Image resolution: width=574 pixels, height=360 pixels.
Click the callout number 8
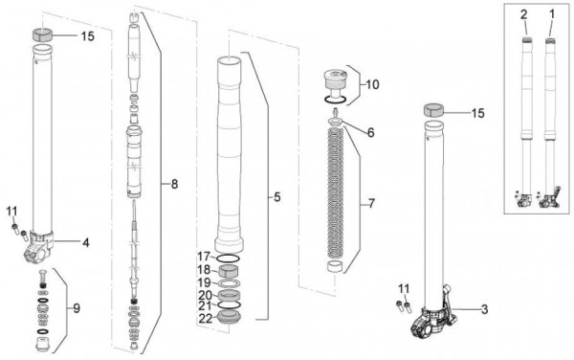[174, 184]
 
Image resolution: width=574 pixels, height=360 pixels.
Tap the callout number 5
[277, 197]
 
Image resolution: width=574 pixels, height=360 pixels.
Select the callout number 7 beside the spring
[371, 203]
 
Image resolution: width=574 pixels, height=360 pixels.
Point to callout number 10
[372, 84]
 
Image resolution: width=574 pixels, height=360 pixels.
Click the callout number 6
[371, 132]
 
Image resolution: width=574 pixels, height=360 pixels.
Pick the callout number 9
[77, 308]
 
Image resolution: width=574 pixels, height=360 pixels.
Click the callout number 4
[86, 242]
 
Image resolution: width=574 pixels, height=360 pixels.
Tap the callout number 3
[484, 309]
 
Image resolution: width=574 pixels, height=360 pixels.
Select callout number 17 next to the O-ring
[205, 257]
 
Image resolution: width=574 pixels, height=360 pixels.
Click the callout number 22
[206, 318]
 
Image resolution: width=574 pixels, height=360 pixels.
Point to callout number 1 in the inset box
[552, 14]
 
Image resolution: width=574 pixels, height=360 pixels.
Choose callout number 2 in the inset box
[524, 14]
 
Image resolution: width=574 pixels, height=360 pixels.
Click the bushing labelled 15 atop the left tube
[43, 34]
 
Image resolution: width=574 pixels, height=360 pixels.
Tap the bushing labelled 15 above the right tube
[433, 110]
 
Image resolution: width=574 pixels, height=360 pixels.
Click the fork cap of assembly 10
[335, 80]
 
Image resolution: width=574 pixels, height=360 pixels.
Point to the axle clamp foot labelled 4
[39, 248]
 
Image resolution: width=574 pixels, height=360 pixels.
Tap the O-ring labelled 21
[230, 305]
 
